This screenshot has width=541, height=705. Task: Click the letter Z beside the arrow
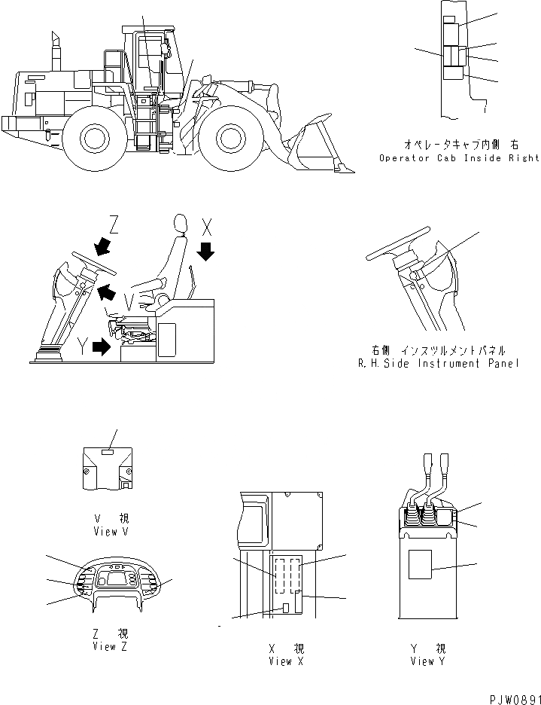[114, 224]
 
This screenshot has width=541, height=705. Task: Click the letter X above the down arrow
[208, 224]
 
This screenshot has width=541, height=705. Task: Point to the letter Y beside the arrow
[82, 346]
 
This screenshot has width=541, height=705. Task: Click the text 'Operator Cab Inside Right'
[459, 158]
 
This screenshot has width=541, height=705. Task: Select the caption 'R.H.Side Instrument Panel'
[439, 363]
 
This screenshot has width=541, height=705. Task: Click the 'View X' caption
[280, 661]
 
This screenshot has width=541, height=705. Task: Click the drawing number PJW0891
[509, 697]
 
